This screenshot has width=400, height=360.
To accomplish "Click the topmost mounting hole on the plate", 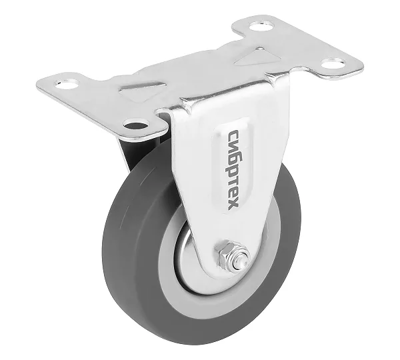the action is [261, 26].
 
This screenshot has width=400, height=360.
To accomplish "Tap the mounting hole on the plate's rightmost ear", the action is [333, 63].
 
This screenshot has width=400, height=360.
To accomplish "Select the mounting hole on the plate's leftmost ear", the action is [67, 84].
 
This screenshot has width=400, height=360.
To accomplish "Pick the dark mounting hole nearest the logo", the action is [135, 125].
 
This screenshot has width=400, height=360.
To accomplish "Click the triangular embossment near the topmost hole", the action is [258, 57].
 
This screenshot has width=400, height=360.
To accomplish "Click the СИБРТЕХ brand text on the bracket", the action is [233, 170].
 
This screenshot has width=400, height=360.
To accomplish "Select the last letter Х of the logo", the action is [233, 205].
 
